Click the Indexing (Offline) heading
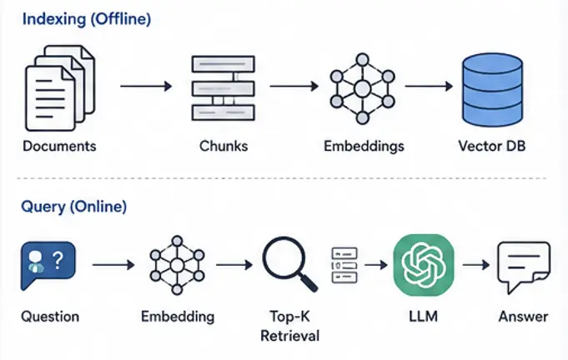tap(87, 19)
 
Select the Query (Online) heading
tap(74, 207)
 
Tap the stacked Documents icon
tap(60, 88)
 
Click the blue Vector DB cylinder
tap(492, 90)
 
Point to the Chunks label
tap(224, 146)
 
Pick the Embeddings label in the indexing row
tap(364, 147)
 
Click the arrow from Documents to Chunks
tap(146, 86)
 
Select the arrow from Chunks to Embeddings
tap(294, 86)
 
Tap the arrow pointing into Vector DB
tap(429, 86)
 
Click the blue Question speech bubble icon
tap(48, 265)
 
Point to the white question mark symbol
tap(58, 261)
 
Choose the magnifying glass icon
tap(289, 264)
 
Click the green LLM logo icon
tap(424, 265)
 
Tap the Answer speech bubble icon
tap(524, 267)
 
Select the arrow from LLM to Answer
tap(476, 265)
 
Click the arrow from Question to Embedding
tap(113, 265)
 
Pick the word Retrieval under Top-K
tap(289, 336)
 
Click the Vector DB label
tap(492, 146)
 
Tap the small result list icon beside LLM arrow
tap(344, 265)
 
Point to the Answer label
tap(524, 317)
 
